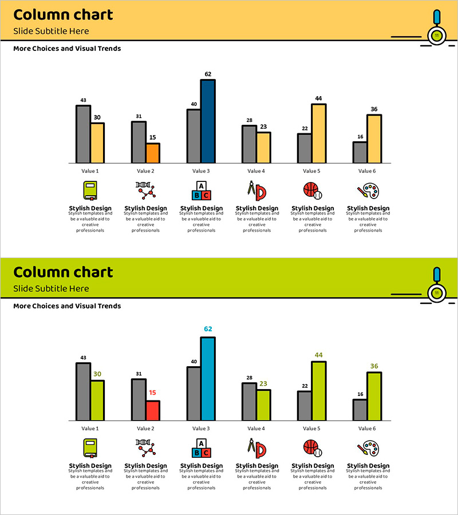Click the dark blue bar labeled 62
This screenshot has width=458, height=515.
(x=208, y=121)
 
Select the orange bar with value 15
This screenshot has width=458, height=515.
(x=152, y=153)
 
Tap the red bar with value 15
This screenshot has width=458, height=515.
(x=152, y=411)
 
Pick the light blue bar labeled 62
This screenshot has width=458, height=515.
(x=208, y=379)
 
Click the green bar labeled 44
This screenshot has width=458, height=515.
(x=318, y=391)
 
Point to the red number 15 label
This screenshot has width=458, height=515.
(x=152, y=393)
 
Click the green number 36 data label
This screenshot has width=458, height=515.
(x=374, y=366)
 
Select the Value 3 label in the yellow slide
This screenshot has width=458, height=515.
(x=200, y=171)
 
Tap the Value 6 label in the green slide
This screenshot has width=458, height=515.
(x=367, y=429)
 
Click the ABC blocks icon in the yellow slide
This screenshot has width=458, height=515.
(x=201, y=191)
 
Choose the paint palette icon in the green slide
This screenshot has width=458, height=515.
(x=368, y=448)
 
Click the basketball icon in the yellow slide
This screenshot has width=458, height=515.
(x=312, y=191)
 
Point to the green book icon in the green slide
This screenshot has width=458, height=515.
(x=90, y=448)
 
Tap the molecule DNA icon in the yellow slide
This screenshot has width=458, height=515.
(x=145, y=190)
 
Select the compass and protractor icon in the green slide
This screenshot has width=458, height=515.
(x=256, y=447)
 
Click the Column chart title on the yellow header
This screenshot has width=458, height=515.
(x=63, y=15)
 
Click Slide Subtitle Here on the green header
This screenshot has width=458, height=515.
(x=51, y=289)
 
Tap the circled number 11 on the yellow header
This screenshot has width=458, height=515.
(x=437, y=35)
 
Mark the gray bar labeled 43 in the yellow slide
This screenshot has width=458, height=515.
(x=83, y=134)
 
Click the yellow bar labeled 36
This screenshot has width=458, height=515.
(x=374, y=139)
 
